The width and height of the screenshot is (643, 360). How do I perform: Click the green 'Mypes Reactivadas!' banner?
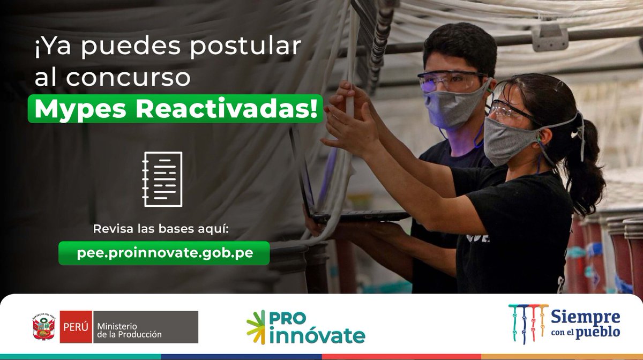point(176,109)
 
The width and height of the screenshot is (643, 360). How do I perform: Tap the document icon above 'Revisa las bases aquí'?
point(162,179)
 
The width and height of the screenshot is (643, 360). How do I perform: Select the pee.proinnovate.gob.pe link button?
point(164,253)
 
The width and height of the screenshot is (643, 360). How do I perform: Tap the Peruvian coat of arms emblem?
point(44,327)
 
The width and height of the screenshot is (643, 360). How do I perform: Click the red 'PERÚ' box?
point(76,327)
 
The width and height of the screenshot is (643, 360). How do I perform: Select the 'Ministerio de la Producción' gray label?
point(145,327)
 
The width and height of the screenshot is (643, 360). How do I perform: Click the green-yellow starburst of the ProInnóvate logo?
point(256,327)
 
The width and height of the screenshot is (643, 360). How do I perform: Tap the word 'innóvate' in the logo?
point(318,336)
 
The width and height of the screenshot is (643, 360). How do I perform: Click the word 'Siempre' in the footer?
point(585,317)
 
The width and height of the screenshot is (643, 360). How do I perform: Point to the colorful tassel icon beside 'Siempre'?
point(528,323)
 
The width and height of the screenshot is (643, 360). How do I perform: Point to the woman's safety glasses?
point(509,111)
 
